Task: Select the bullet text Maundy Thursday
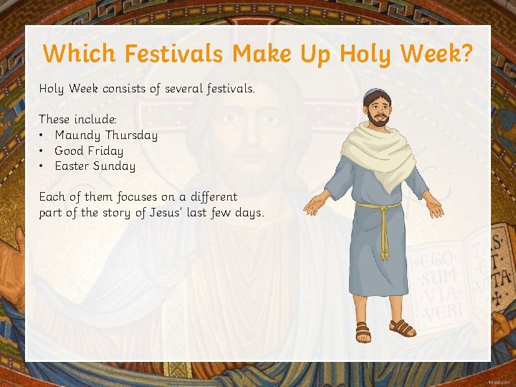106,135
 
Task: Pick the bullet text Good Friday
89,150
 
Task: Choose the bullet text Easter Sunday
95,166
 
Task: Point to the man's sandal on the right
403,328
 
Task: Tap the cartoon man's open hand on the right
434,207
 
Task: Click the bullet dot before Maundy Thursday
43,135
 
